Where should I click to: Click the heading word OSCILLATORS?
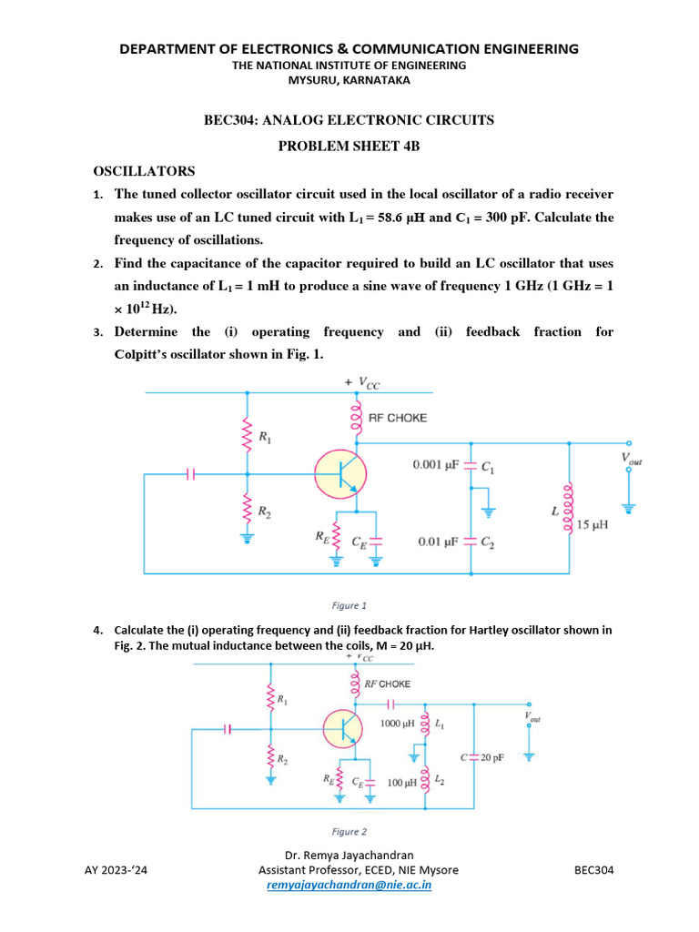coord(144,171)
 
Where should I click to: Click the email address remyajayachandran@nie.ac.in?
coord(349,884)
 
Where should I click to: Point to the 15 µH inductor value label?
coord(593,525)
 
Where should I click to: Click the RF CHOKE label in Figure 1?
coord(397,418)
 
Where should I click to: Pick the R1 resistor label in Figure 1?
coord(265,438)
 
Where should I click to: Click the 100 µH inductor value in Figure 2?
coord(401,782)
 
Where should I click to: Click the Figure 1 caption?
coord(349,604)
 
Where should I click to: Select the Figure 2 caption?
coord(349,831)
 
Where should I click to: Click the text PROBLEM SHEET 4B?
coord(349,146)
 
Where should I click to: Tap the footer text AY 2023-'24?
coord(116,870)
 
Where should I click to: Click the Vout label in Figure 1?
coord(631,461)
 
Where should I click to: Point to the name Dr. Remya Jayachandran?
coord(349,856)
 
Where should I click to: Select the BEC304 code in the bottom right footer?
coord(594,870)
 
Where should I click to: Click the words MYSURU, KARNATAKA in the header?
coord(349,80)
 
